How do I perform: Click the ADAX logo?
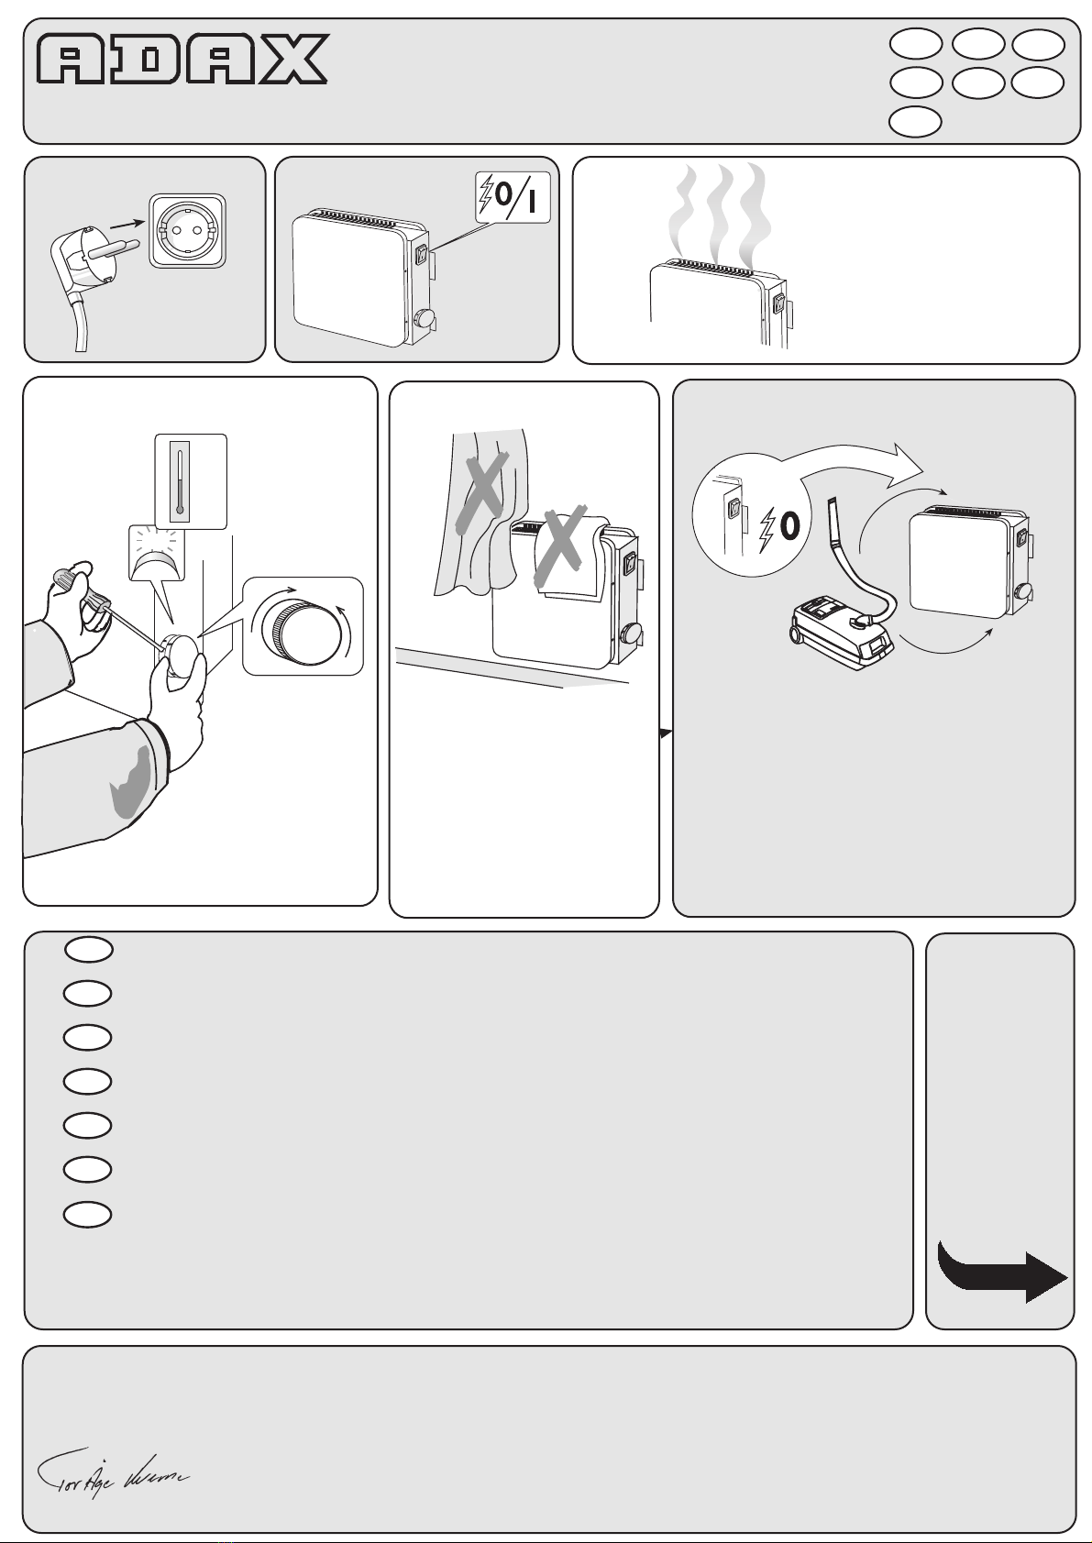click(x=182, y=60)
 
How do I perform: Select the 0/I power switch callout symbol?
click(x=513, y=196)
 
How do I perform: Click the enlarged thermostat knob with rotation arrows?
click(x=303, y=627)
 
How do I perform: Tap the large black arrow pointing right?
click(x=1004, y=1273)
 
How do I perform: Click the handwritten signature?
click(x=111, y=1475)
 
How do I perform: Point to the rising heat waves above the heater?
click(x=719, y=211)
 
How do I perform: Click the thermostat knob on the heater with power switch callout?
click(x=425, y=319)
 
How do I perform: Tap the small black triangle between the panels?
click(x=666, y=733)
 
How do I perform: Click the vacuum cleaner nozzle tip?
click(x=832, y=503)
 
